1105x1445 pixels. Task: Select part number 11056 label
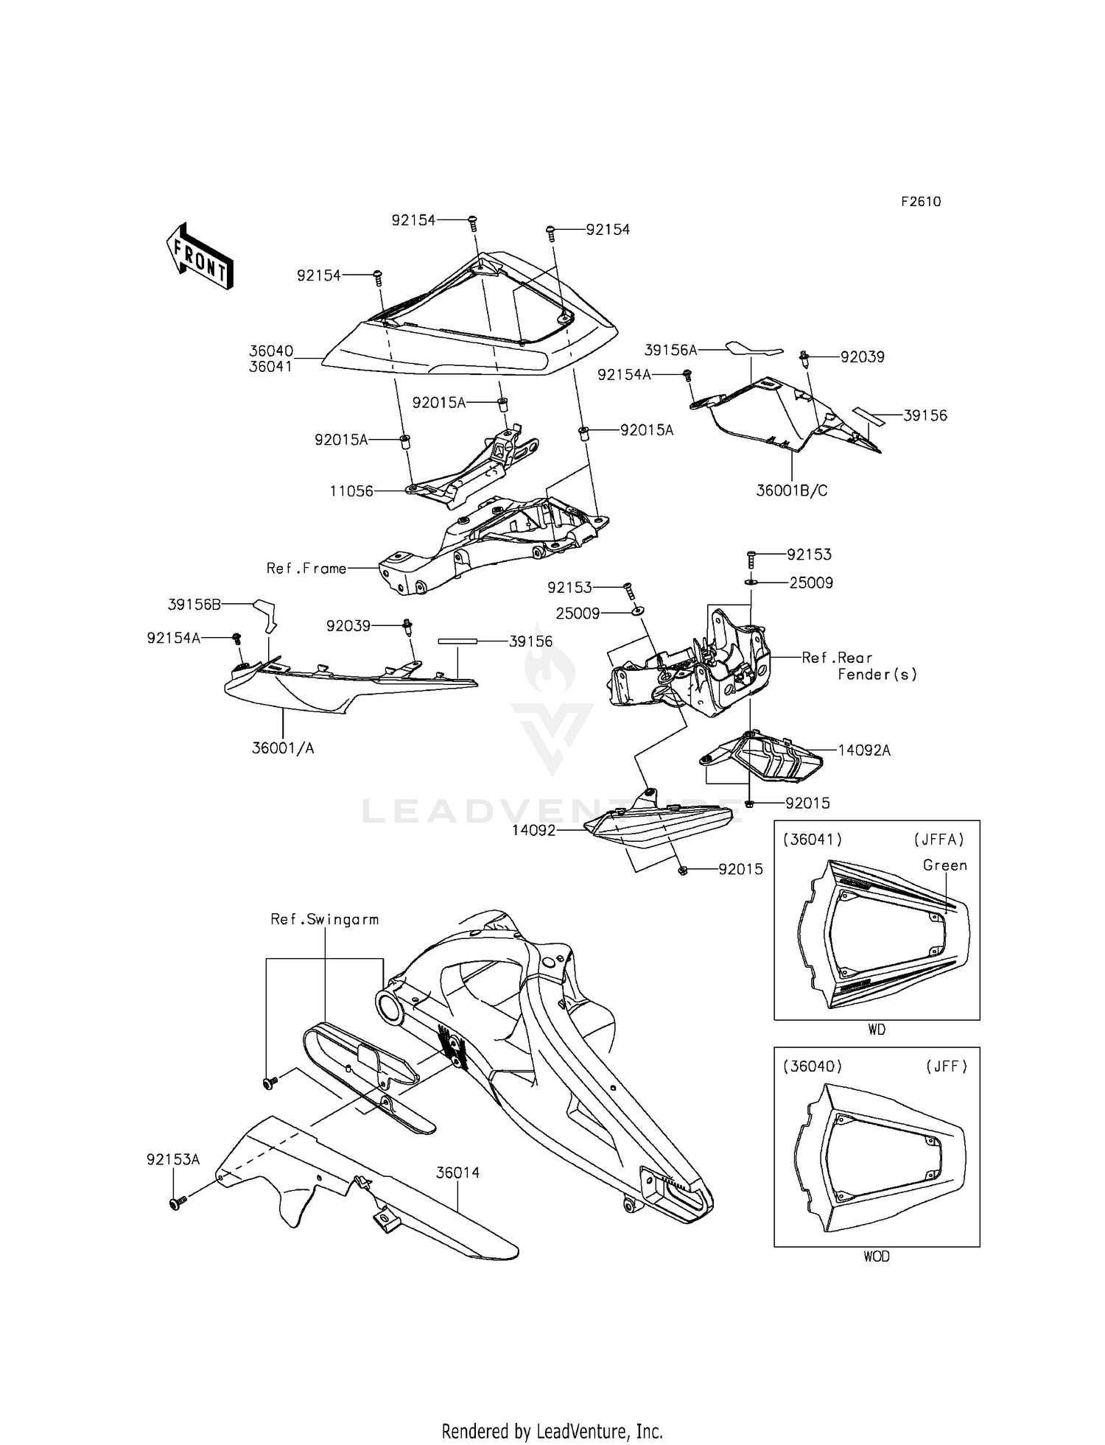pyautogui.click(x=351, y=491)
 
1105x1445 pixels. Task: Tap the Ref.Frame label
pyautogui.click(x=306, y=569)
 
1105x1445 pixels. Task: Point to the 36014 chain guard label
pyautogui.click(x=457, y=1172)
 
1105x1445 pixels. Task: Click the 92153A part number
pyautogui.click(x=173, y=1159)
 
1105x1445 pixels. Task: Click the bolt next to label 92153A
pyautogui.click(x=176, y=1203)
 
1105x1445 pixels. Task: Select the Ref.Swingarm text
pyautogui.click(x=324, y=919)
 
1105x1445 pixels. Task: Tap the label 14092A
pyautogui.click(x=864, y=750)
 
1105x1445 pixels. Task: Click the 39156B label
pyautogui.click(x=194, y=605)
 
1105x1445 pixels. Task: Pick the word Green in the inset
pyautogui.click(x=944, y=865)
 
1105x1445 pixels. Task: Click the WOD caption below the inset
pyautogui.click(x=876, y=1256)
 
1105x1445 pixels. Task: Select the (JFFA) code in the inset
pyautogui.click(x=939, y=840)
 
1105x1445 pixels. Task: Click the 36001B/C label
pyautogui.click(x=791, y=491)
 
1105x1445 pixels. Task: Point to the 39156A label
pyautogui.click(x=670, y=350)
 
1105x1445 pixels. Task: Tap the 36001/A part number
pyautogui.click(x=283, y=748)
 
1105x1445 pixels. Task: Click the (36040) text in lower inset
pyautogui.click(x=813, y=1066)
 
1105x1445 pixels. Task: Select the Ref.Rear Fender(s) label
pyautogui.click(x=858, y=666)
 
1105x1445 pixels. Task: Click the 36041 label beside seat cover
pyautogui.click(x=270, y=367)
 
